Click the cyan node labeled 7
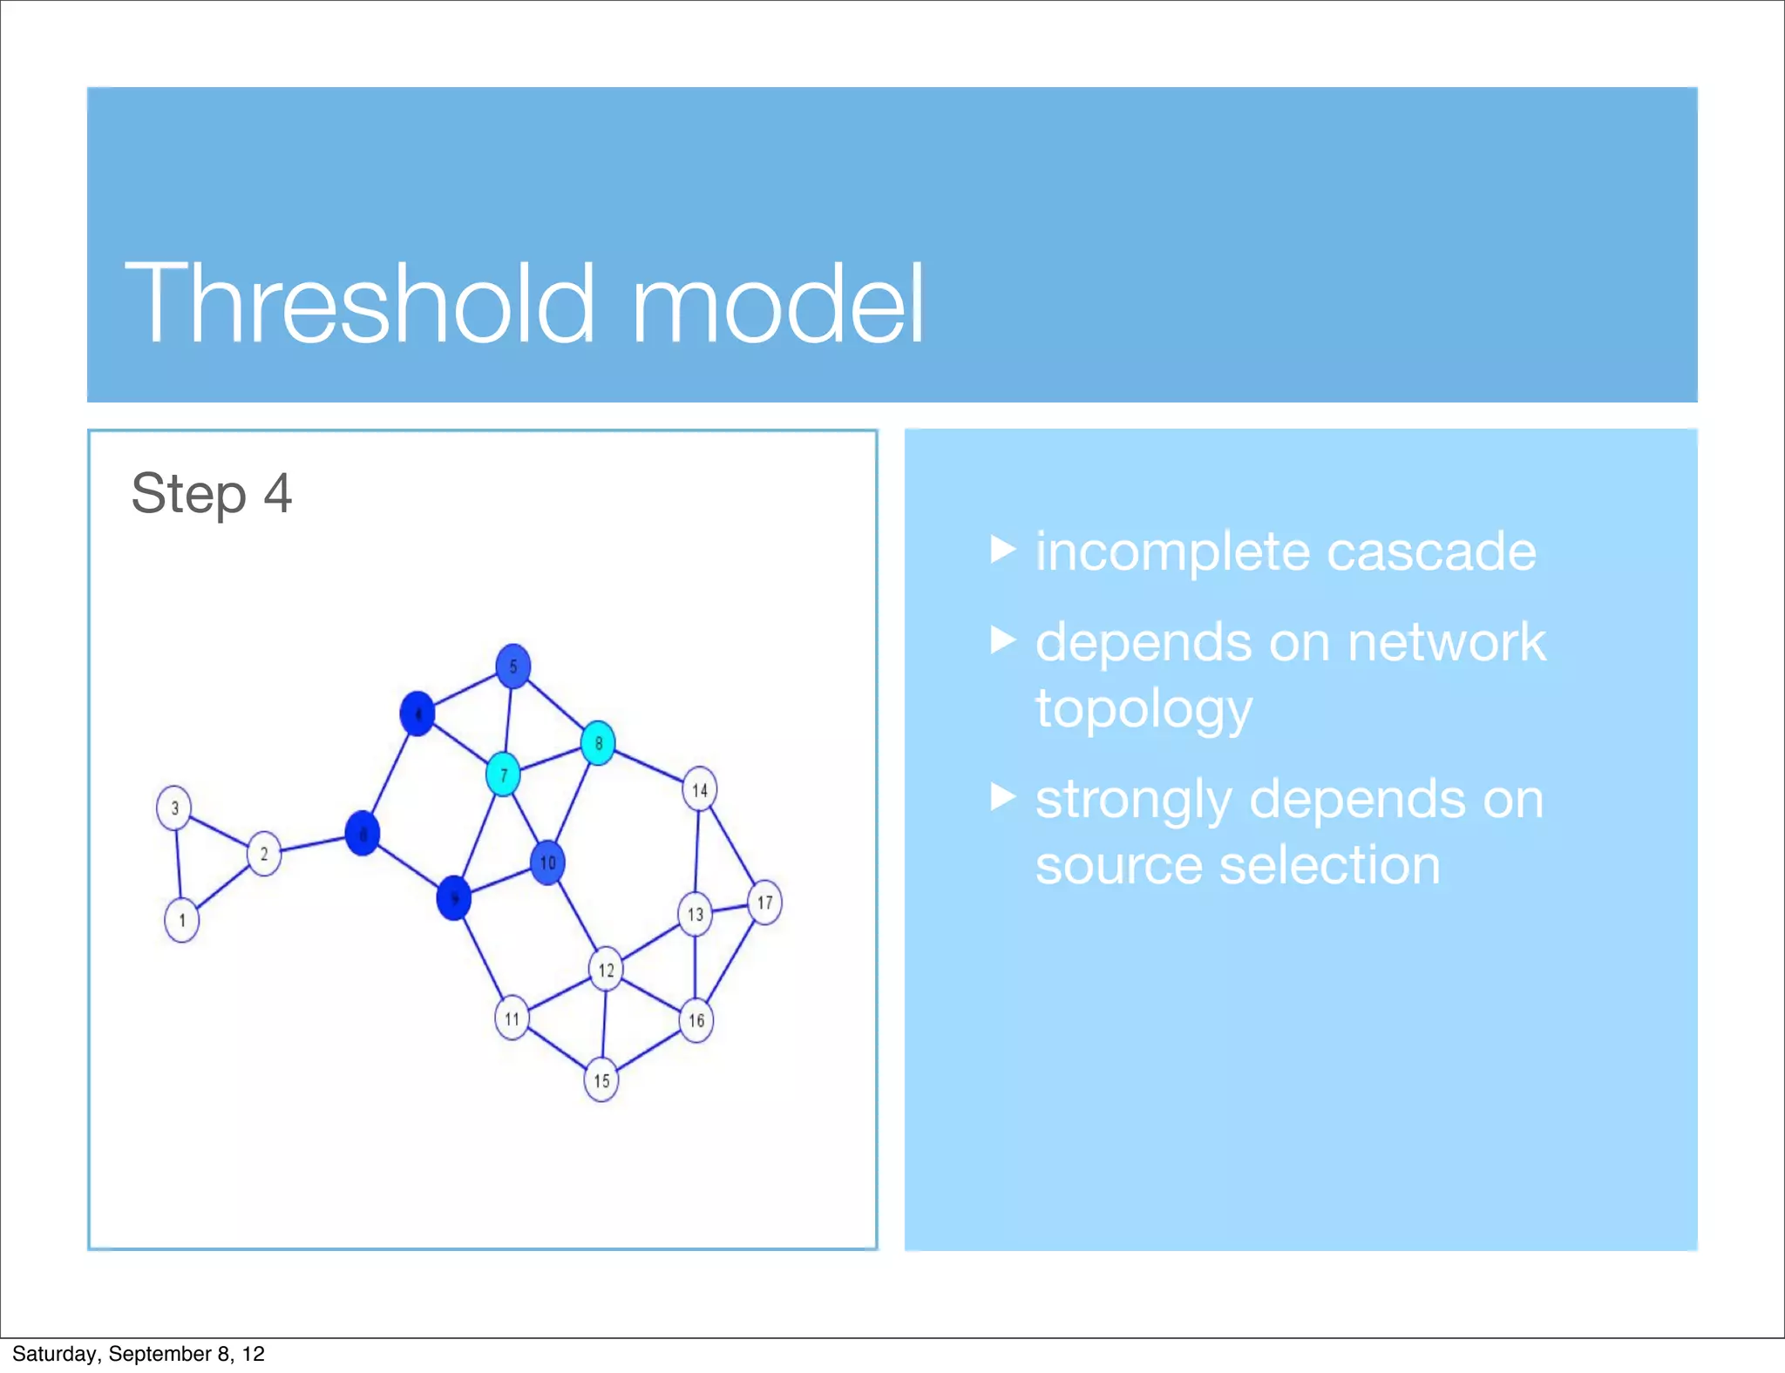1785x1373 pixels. pos(503,774)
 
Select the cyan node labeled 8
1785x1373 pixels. pos(598,743)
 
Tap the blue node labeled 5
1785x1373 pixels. pos(513,666)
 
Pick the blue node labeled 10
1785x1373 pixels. pos(547,862)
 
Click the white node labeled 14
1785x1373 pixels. pos(700,789)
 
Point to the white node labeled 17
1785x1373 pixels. pos(764,903)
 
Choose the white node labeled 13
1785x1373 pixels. pos(695,915)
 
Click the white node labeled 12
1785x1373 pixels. pos(606,970)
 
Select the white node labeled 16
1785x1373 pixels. pos(696,1020)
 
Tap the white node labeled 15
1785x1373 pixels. pos(601,1080)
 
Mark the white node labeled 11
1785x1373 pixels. pos(512,1018)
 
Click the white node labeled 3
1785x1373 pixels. pos(174,808)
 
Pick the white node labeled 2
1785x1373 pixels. pos(264,854)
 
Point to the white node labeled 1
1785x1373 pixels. pos(181,920)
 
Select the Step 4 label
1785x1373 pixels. pos(211,494)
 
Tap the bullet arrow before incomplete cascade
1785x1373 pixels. pos(1003,550)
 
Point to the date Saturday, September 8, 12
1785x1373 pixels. pos(138,1354)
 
